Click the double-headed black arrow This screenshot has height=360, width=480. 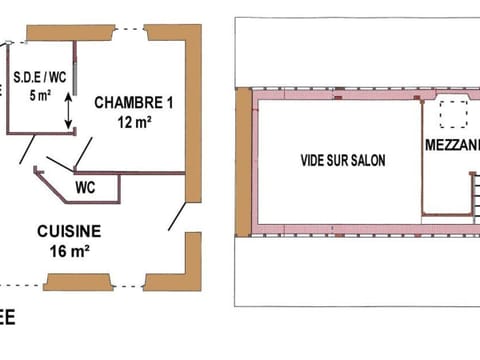(x=68, y=110)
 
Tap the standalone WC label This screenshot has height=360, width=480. (x=86, y=186)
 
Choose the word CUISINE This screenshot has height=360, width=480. (x=69, y=230)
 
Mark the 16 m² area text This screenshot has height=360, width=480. (x=69, y=250)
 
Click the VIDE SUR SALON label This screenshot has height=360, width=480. (x=343, y=159)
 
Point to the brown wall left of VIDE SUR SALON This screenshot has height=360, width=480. (x=243, y=162)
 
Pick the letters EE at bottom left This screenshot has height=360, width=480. (x=7, y=320)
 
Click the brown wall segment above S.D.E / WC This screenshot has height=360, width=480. (x=66, y=33)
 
